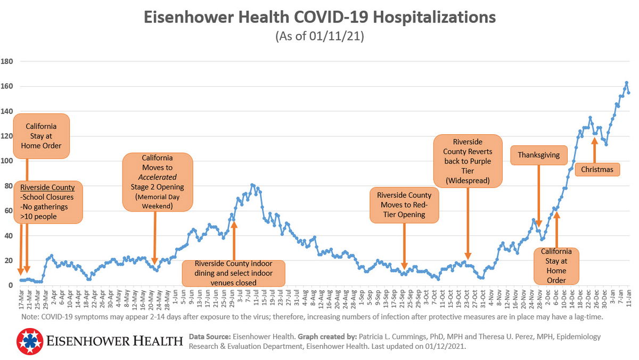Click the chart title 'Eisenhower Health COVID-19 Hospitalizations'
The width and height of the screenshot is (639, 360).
click(319, 17)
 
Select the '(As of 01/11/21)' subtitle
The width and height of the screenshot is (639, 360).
click(319, 37)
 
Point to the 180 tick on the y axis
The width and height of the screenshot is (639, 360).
click(7, 61)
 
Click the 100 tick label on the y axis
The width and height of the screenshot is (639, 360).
click(7, 161)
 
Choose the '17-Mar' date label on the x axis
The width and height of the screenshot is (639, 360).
click(21, 299)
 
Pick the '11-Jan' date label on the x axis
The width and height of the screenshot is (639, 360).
click(628, 299)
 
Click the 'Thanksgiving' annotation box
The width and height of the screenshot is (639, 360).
click(538, 155)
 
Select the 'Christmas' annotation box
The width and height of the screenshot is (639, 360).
click(597, 170)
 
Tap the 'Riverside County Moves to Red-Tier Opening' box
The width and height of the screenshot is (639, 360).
click(404, 205)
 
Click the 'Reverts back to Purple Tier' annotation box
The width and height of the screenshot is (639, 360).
click(468, 161)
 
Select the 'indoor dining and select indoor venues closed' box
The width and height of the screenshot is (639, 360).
click(233, 273)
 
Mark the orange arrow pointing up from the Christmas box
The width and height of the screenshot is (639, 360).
click(594, 150)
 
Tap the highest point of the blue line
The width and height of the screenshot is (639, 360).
click(627, 83)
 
